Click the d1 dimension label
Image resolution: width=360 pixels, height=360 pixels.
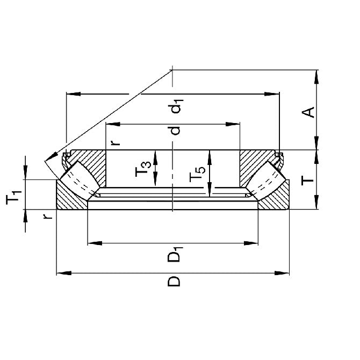tap(176, 105)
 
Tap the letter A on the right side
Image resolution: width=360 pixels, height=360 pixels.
tap(308, 112)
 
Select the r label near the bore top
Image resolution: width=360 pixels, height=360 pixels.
tap(114, 142)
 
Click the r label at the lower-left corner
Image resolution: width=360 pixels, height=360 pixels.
tap(48, 216)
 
